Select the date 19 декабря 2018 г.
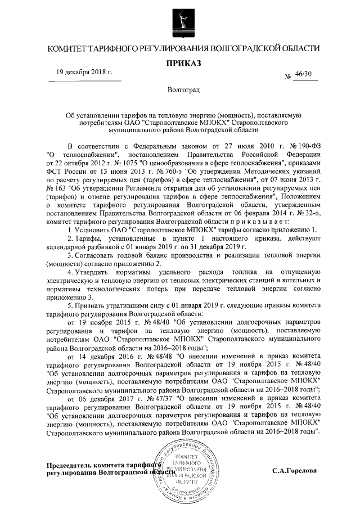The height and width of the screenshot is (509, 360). point(84,73)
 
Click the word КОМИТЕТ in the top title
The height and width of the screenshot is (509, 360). point(68,49)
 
